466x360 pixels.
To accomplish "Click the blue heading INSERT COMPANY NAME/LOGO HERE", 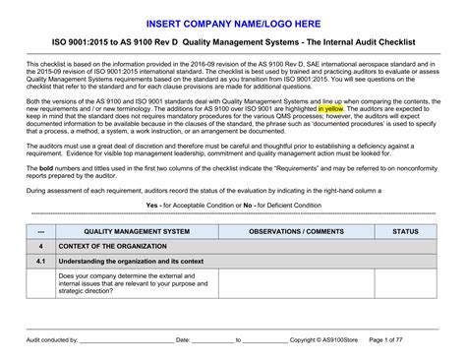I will [233, 22].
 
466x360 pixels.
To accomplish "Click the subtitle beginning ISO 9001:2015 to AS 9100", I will [233, 44].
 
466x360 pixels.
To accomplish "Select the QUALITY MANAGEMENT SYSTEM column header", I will [137, 231].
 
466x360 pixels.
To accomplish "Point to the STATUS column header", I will [405, 231].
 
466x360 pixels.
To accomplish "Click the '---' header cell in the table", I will [41, 231].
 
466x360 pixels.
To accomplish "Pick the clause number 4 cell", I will [41, 246].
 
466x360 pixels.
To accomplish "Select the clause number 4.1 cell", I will [41, 262].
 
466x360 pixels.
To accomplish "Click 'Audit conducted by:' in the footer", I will [53, 339].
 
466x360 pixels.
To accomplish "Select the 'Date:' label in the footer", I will [183, 339].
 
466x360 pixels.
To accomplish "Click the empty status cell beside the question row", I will [405, 283].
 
